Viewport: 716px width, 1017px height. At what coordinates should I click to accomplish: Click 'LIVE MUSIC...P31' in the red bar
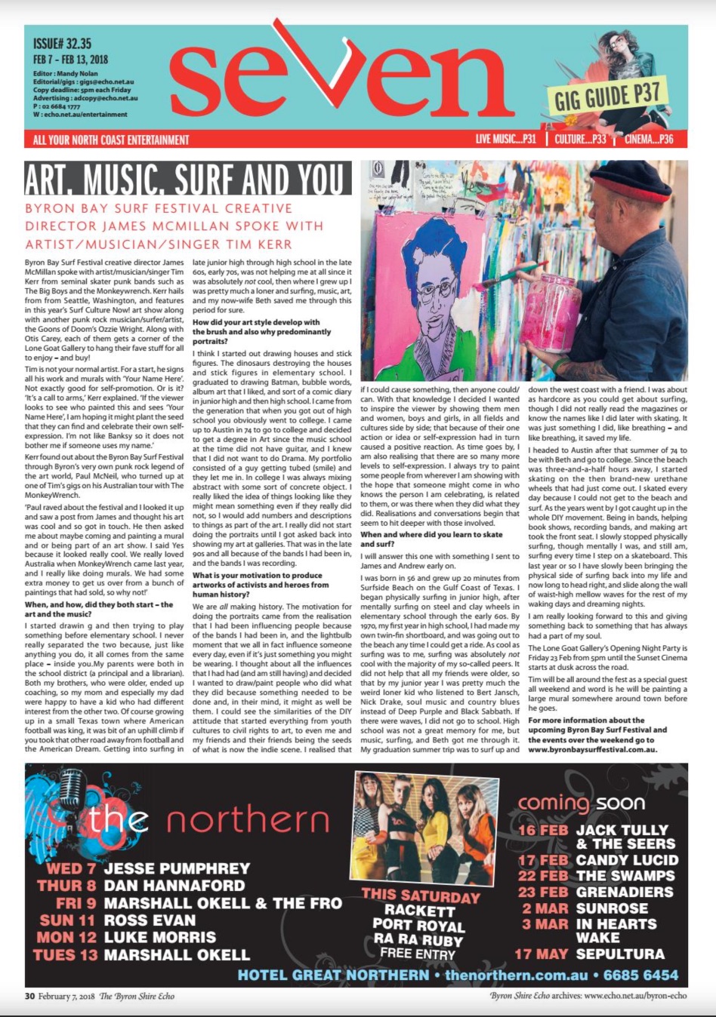coord(505,139)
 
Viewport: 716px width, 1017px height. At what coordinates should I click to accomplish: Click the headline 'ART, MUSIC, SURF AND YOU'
coord(187,180)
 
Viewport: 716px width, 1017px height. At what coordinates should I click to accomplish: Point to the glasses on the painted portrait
coord(438,257)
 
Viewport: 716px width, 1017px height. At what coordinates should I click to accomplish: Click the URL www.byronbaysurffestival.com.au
coord(592,749)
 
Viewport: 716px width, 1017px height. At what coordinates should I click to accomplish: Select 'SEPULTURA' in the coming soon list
coord(620,954)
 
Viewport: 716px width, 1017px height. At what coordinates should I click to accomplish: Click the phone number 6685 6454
coord(640,975)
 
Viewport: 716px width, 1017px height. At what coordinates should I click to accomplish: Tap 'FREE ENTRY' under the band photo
coord(417,953)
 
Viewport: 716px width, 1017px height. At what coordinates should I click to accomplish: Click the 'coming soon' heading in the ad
coord(581,803)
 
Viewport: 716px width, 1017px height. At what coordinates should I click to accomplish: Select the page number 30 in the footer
coord(29,996)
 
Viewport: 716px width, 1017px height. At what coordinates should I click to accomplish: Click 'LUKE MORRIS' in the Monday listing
coord(159,937)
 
